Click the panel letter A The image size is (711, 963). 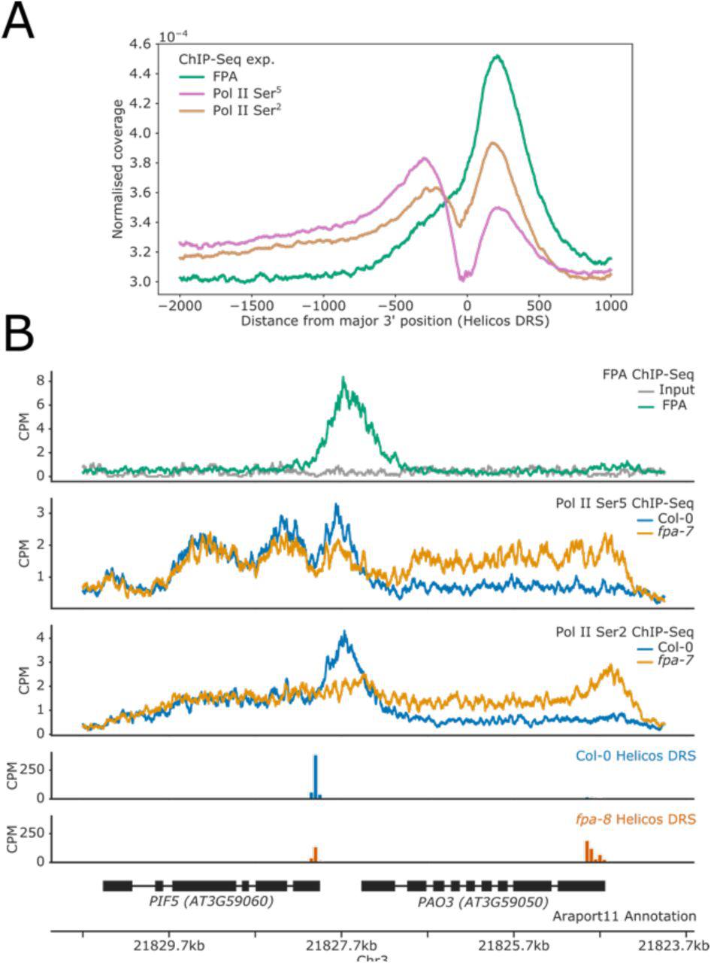tap(18, 22)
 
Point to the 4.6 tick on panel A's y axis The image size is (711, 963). tap(141, 44)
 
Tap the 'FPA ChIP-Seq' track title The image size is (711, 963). tap(647, 374)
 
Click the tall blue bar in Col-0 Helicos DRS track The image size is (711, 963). tap(316, 776)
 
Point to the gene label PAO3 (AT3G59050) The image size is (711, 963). tap(483, 901)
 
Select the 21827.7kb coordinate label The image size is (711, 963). tap(341, 944)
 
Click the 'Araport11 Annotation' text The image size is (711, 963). tap(624, 916)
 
